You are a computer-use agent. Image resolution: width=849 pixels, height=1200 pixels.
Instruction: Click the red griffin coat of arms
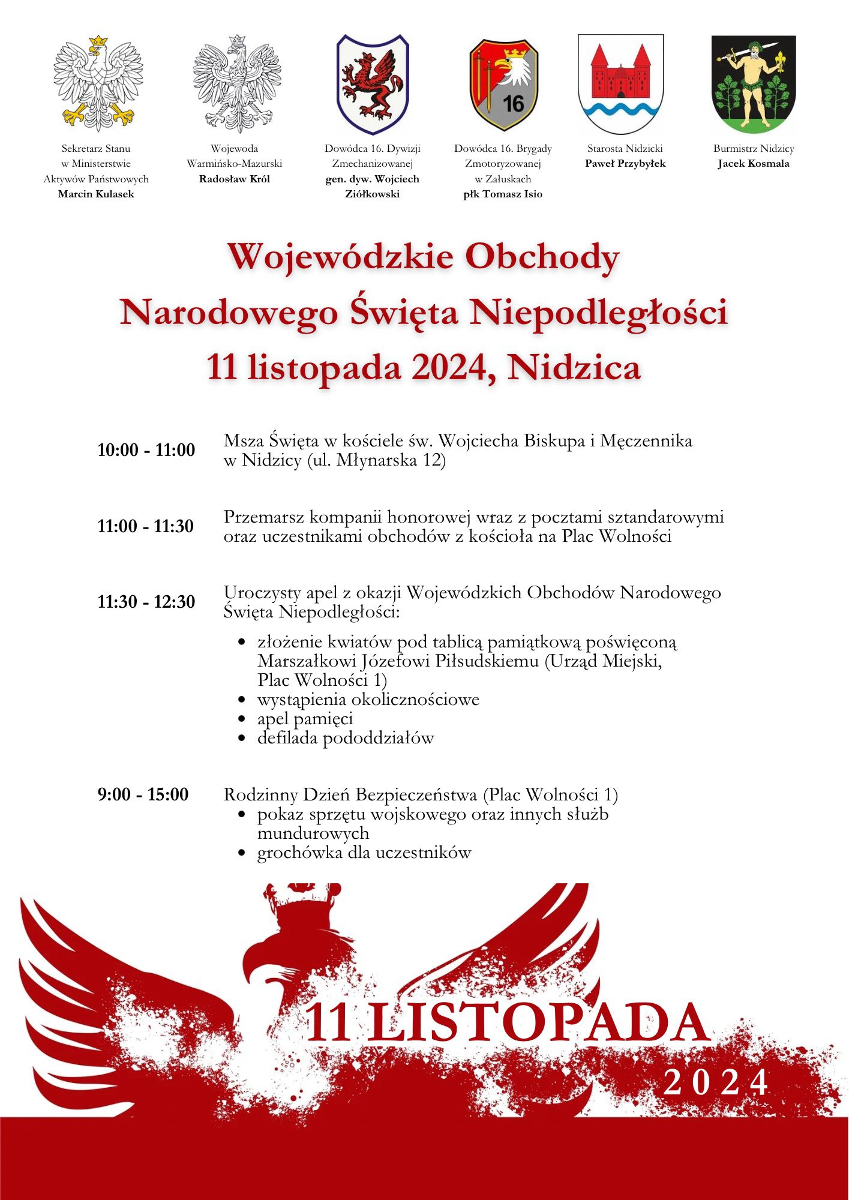(x=372, y=84)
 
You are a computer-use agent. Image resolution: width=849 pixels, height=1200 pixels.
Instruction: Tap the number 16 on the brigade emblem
(x=514, y=104)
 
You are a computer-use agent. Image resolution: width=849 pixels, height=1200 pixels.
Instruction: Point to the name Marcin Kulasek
(x=96, y=194)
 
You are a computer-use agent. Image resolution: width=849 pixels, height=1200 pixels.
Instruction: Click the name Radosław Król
(x=235, y=179)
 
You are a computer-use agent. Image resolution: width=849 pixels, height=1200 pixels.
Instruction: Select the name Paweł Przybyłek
(x=625, y=163)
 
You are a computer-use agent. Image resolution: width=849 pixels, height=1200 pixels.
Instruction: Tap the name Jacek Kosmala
(x=754, y=163)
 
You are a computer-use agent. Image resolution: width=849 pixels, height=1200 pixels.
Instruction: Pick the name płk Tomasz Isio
(x=503, y=194)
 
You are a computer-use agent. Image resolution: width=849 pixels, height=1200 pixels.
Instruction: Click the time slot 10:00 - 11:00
(x=146, y=450)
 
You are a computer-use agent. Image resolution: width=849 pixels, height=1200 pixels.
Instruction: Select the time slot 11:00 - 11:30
(x=146, y=526)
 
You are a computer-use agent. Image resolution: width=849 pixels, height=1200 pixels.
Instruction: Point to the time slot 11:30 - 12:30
(x=146, y=602)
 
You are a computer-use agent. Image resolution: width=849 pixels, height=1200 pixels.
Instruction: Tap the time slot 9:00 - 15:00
(x=143, y=794)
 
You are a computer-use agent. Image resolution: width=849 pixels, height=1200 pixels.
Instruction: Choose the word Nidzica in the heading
(x=574, y=367)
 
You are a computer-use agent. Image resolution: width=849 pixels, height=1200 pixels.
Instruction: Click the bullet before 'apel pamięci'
(x=242, y=719)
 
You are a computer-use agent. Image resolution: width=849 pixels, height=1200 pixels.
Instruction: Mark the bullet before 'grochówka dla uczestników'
(x=242, y=853)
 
